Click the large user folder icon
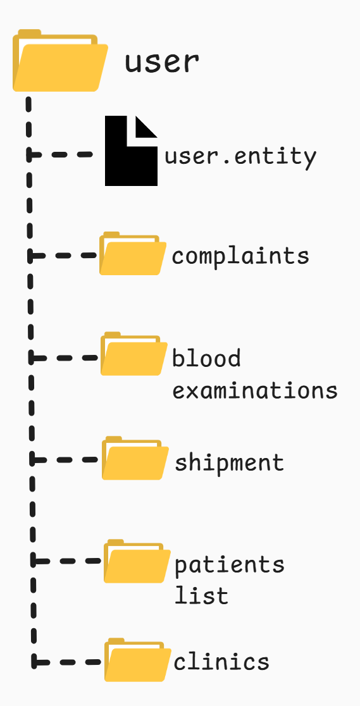60,60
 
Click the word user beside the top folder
162,62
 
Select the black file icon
131,151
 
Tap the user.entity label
240,157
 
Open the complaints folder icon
133,253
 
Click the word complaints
240,256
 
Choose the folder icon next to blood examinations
134,354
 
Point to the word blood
206,358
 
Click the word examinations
255,390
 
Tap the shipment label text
229,462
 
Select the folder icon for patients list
137,561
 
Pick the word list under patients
201,595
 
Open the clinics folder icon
138,660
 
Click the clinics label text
221,662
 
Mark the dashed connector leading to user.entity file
60,154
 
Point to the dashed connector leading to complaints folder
63,256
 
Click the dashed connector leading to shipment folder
65,460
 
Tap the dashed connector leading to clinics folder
66,662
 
